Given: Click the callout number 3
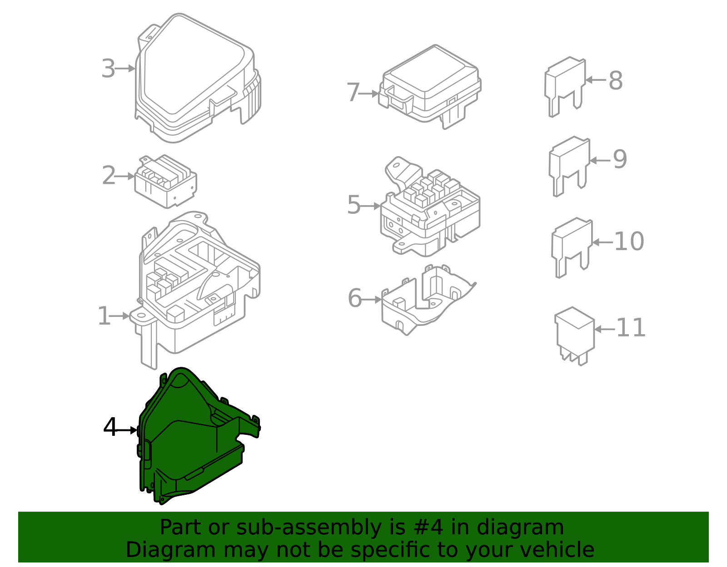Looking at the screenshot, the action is (x=108, y=69).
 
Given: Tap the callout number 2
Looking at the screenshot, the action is (x=109, y=175).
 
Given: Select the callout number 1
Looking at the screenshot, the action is (x=104, y=316).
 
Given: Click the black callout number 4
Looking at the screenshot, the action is (x=110, y=427).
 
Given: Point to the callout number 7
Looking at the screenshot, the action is (x=353, y=93).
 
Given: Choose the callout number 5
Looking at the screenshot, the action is (x=354, y=204).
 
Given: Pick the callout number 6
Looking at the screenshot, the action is (x=354, y=298).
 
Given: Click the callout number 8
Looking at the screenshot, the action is (x=616, y=80).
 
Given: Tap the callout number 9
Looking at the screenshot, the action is (x=620, y=159).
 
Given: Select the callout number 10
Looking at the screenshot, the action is (x=629, y=241).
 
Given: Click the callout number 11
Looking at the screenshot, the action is (x=631, y=328).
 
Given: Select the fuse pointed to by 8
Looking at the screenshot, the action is (x=565, y=87).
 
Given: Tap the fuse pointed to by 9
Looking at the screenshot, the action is (x=569, y=166).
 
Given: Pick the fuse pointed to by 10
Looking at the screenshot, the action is (x=572, y=247).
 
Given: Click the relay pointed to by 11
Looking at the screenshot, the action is (x=574, y=335).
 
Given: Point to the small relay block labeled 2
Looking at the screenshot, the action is (x=165, y=182).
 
